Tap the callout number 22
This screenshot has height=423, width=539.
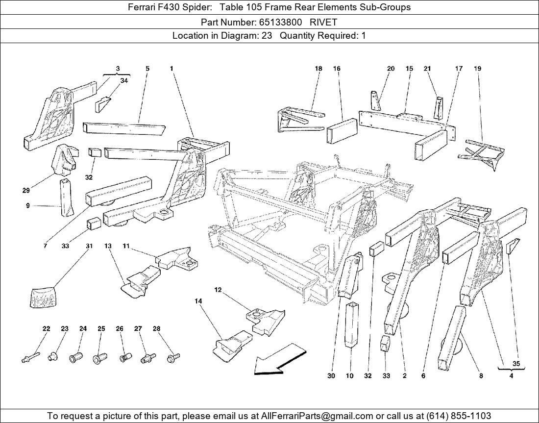[46, 329]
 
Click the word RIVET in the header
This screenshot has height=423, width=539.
[323, 22]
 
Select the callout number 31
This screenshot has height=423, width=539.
[89, 246]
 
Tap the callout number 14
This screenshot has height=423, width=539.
[198, 301]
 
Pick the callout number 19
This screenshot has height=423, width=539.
[477, 69]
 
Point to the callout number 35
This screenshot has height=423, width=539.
[516, 364]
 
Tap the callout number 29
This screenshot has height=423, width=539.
[26, 190]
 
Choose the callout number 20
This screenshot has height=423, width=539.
[391, 69]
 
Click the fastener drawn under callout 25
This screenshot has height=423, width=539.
[100, 358]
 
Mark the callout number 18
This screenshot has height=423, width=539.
[318, 69]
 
